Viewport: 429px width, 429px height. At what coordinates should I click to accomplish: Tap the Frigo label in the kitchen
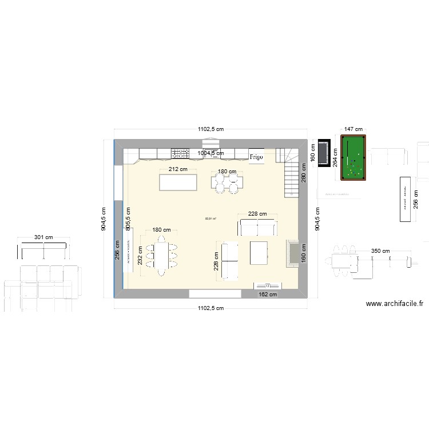pos(256,156)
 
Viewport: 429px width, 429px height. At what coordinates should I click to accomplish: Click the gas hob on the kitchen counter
pos(180,153)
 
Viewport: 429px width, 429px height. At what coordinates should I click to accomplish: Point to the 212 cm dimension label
pos(178,169)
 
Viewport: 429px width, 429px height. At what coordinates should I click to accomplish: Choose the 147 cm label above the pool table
pos(353,130)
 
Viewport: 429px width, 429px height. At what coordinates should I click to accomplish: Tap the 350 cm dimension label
pos(380,251)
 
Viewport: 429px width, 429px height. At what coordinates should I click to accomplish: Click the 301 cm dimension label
pos(43,237)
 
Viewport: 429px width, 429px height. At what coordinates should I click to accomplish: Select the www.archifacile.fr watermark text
pos(395,304)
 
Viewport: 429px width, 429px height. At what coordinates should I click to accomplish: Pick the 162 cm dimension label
pos(268,295)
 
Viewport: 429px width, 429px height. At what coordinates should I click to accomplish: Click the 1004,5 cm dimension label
pos(210,153)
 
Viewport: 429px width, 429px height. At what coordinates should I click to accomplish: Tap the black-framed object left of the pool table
pos(324,152)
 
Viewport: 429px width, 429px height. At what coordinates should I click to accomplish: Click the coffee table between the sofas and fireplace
pos(259,252)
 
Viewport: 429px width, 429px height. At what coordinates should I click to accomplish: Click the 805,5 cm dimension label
pos(128,219)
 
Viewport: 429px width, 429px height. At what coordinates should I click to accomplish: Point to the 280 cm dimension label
pos(304,173)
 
